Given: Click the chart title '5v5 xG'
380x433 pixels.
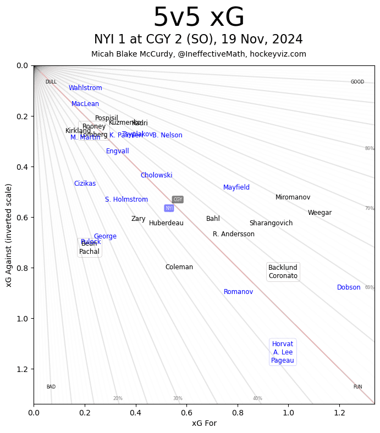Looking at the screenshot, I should point(199,18).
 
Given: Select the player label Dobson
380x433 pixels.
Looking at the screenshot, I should point(349,287).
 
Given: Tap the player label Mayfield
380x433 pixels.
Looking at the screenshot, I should point(236,187).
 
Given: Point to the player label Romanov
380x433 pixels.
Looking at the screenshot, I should point(238,292).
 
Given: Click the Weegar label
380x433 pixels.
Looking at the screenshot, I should point(320,213).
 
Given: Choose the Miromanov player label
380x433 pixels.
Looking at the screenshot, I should point(293,197).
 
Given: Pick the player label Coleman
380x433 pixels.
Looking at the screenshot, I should point(179,267).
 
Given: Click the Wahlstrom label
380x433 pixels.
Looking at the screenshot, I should point(85,88).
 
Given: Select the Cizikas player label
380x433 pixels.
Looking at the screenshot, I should point(85,184).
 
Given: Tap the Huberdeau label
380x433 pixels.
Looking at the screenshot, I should point(166,223).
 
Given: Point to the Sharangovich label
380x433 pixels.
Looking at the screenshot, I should point(271,223).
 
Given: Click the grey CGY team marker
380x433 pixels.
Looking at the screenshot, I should point(178,199).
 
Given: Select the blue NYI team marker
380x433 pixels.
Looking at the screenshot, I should point(169,208).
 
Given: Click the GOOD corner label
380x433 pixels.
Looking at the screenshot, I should point(357,82).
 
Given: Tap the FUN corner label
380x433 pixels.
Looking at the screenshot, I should point(357,387).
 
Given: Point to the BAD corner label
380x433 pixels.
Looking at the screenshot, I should point(51,387).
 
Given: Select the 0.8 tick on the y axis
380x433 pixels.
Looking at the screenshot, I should point(22,268).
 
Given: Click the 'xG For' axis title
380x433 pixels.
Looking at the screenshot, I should point(204,423).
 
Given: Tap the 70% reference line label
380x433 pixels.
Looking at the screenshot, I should point(370,208).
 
